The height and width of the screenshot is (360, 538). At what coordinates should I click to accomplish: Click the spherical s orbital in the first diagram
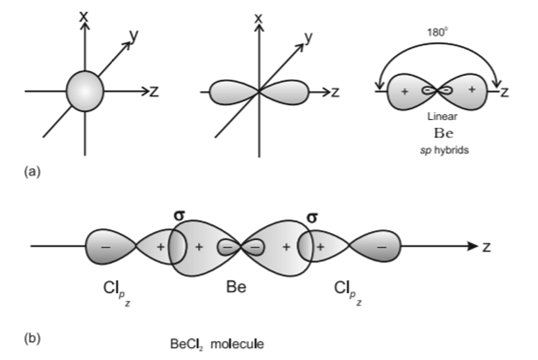(85, 92)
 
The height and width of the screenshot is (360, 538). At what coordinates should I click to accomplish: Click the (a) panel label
(31, 169)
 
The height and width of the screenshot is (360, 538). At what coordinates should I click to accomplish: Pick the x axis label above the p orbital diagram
(259, 15)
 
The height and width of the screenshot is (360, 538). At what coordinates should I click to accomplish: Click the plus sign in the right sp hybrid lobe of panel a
(472, 90)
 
